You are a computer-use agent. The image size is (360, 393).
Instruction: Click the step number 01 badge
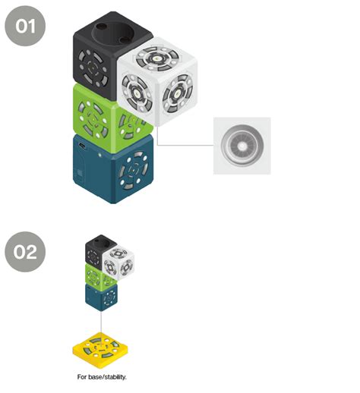click(x=25, y=26)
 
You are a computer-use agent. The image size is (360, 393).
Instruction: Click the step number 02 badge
click(x=25, y=252)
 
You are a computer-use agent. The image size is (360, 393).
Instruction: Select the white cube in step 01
click(x=157, y=81)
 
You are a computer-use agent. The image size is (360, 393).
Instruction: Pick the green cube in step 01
click(x=101, y=119)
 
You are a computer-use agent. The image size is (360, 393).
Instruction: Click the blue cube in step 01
click(x=113, y=169)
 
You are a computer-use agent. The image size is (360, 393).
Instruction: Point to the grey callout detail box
click(x=242, y=146)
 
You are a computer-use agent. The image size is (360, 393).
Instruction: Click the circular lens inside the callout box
click(x=242, y=146)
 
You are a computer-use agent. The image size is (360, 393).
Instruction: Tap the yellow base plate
click(x=100, y=351)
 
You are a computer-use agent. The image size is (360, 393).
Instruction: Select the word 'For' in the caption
click(x=82, y=377)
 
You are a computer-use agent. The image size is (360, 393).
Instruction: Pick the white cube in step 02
click(x=118, y=263)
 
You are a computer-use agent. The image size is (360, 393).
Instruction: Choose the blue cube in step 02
click(x=101, y=297)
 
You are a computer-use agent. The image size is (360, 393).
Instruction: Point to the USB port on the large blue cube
click(x=82, y=146)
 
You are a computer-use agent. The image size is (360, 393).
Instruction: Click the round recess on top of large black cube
click(x=112, y=33)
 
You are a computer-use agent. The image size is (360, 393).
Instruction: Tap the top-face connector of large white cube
click(x=157, y=58)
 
